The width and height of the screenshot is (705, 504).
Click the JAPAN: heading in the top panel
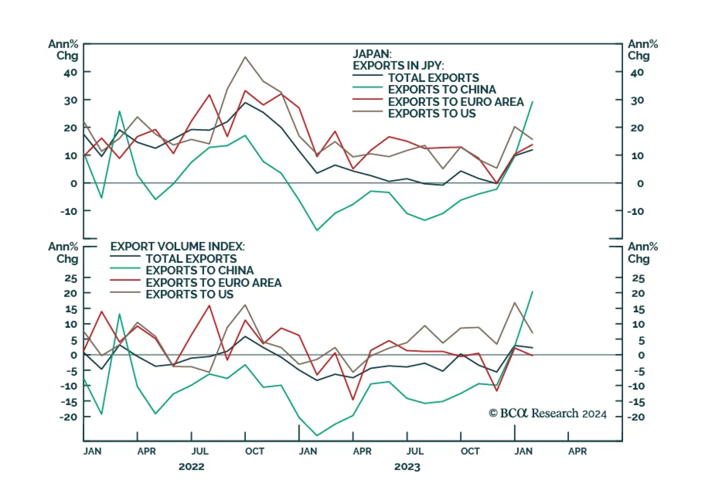coord(371,54)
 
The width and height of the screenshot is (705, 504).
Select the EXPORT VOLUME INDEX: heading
coord(177,246)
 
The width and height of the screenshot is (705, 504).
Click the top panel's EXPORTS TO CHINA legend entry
coord(442,89)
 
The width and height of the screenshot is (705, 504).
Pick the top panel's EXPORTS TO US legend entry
coord(431,114)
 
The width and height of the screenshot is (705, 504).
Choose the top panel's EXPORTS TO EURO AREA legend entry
coord(456,102)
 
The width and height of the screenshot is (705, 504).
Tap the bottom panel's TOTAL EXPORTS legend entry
coord(191,259)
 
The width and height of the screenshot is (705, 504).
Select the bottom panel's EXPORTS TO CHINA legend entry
coord(199,271)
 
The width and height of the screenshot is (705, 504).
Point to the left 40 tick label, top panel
coord(70,73)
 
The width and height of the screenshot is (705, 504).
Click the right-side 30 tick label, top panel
coord(637,100)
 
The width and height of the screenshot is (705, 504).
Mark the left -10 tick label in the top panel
coord(69,211)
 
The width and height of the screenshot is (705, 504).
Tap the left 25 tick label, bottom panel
coord(70,278)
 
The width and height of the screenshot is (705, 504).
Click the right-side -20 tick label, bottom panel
coord(636,417)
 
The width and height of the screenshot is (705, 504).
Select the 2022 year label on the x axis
coord(191,467)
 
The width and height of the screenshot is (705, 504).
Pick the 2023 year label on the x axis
coord(407,467)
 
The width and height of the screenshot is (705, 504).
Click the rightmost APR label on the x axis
coord(577,451)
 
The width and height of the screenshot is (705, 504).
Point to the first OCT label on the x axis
coord(255,451)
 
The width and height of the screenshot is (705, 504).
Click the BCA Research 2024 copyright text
coord(547,413)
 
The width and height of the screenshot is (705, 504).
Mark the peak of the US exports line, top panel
coord(245,57)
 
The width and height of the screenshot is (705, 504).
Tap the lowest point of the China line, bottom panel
coord(317,436)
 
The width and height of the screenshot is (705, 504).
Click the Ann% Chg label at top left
coord(63,50)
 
